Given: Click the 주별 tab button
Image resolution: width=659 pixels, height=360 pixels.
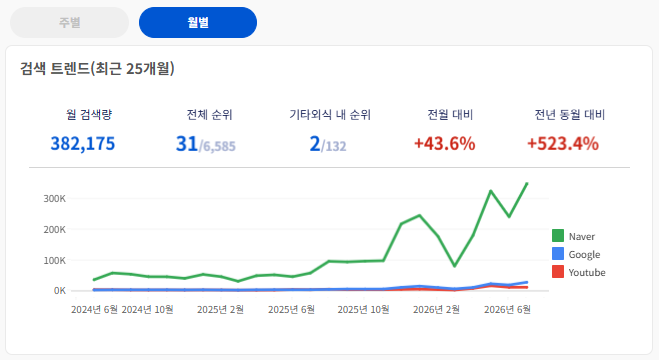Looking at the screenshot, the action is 69,22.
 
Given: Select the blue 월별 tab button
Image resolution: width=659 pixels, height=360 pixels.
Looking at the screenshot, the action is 198,22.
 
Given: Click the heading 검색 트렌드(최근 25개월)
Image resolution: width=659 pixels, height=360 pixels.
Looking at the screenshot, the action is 97,68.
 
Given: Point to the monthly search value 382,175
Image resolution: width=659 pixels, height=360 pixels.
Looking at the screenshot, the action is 83,144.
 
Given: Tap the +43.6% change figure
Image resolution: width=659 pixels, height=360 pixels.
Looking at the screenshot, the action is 445,144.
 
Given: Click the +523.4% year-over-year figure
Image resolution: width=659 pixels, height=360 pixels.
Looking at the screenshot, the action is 563,144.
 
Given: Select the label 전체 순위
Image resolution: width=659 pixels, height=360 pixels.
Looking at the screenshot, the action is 209,115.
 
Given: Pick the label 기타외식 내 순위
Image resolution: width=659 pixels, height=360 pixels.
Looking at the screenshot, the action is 330,115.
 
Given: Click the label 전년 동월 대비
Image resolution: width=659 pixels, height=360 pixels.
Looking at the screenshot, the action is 569,115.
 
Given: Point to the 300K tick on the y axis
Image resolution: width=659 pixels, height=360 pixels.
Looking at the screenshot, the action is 55,199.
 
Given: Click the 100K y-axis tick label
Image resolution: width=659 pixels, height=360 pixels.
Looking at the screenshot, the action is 55,260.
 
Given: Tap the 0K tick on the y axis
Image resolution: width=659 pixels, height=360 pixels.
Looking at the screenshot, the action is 60,291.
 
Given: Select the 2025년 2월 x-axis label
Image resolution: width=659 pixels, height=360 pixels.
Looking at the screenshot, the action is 220,310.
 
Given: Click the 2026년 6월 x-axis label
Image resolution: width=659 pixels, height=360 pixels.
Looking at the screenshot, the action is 507,310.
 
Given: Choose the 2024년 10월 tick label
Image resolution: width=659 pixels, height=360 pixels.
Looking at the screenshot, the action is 148,310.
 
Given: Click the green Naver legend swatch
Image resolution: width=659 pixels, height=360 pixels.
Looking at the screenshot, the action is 558,236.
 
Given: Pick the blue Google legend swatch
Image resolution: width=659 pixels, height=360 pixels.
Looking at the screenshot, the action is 558,254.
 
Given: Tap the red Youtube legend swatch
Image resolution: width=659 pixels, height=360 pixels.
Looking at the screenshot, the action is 558,272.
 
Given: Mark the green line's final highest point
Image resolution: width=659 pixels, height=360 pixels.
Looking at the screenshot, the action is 527,184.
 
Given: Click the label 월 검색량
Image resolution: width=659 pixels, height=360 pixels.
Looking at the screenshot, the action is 89,115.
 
